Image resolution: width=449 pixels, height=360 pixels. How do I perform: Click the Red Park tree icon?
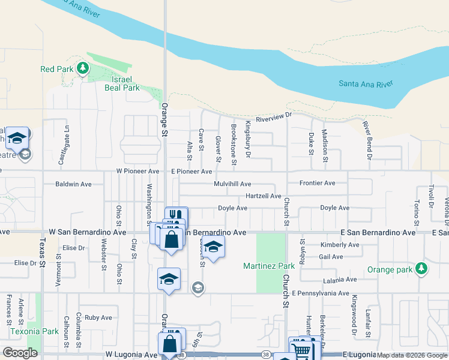click(83, 69)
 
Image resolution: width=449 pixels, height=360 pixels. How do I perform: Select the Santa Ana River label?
click(365, 84)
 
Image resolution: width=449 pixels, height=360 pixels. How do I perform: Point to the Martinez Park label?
click(269, 266)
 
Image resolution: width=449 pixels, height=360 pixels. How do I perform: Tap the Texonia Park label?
click(34, 331)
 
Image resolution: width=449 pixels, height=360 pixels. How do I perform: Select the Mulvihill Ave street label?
click(232, 184)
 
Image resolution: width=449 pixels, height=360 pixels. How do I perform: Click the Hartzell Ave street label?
click(263, 196)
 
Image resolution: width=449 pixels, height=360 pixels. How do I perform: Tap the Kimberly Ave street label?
click(339, 245)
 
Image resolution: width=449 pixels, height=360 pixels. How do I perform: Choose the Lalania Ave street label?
click(339, 280)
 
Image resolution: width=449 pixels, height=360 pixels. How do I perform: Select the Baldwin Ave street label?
click(73, 184)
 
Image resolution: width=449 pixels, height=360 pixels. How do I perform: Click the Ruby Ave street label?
click(98, 317)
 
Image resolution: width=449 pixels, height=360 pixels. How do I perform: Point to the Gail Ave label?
click(331, 256)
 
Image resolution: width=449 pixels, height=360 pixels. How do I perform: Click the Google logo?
click(20, 353)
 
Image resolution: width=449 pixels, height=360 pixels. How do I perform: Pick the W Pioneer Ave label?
click(137, 171)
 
